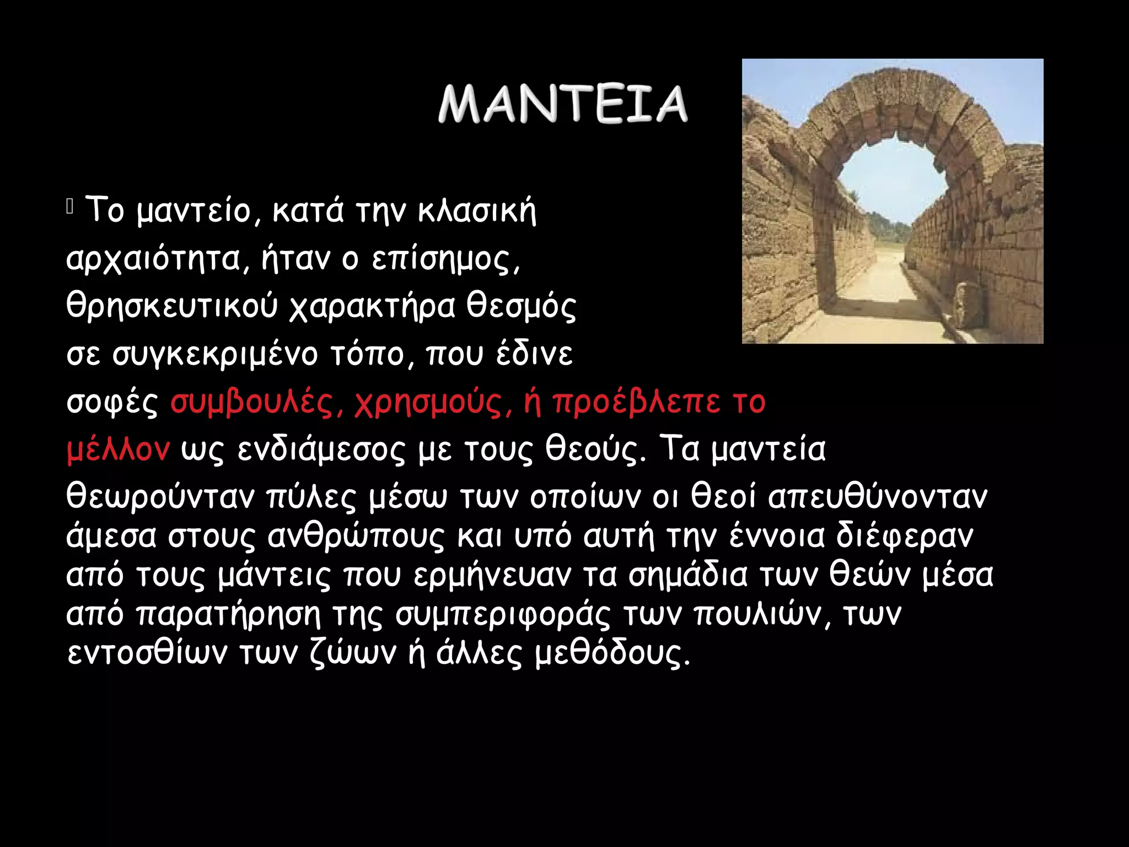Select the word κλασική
tap(477, 211)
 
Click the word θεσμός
tap(522, 307)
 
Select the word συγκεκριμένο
tap(215, 355)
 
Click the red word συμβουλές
tap(256, 403)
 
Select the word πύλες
tap(312, 497)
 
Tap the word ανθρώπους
tap(356, 536)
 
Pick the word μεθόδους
tap(612, 653)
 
